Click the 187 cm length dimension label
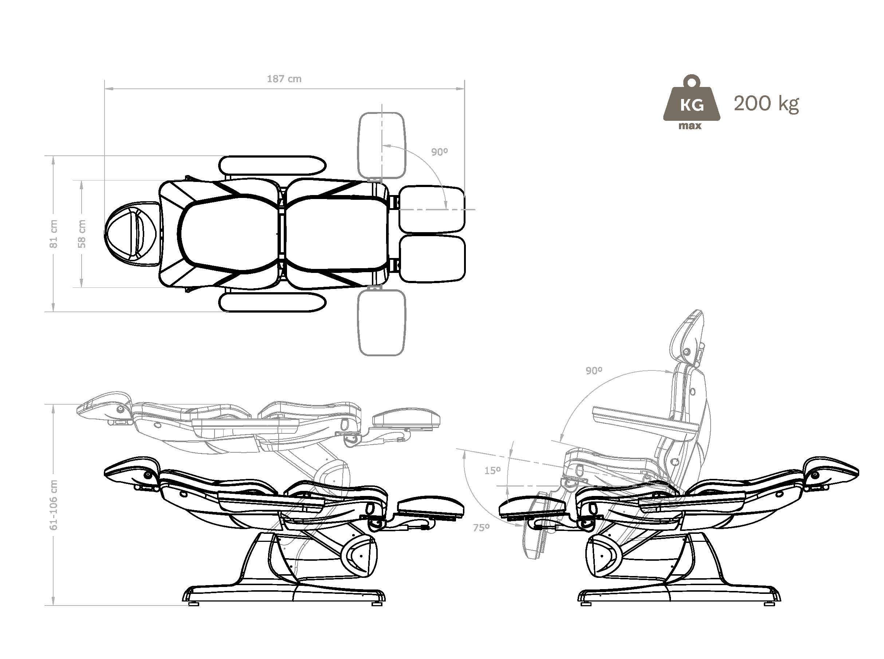pos(284,79)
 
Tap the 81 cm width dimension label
pos(53,234)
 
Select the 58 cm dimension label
pos(82,234)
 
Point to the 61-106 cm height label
pos(54,505)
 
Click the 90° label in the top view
pos(439,152)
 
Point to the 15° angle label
pos(492,471)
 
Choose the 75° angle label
pos(481,528)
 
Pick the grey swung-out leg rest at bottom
pos(382,322)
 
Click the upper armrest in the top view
pos(272,166)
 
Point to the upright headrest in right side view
pos(688,338)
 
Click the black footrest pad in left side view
pos(431,508)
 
